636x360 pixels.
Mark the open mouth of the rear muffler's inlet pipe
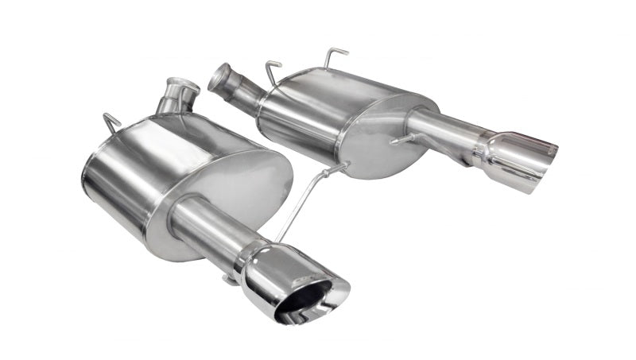[216, 78]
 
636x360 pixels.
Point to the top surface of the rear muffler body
[342, 87]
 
